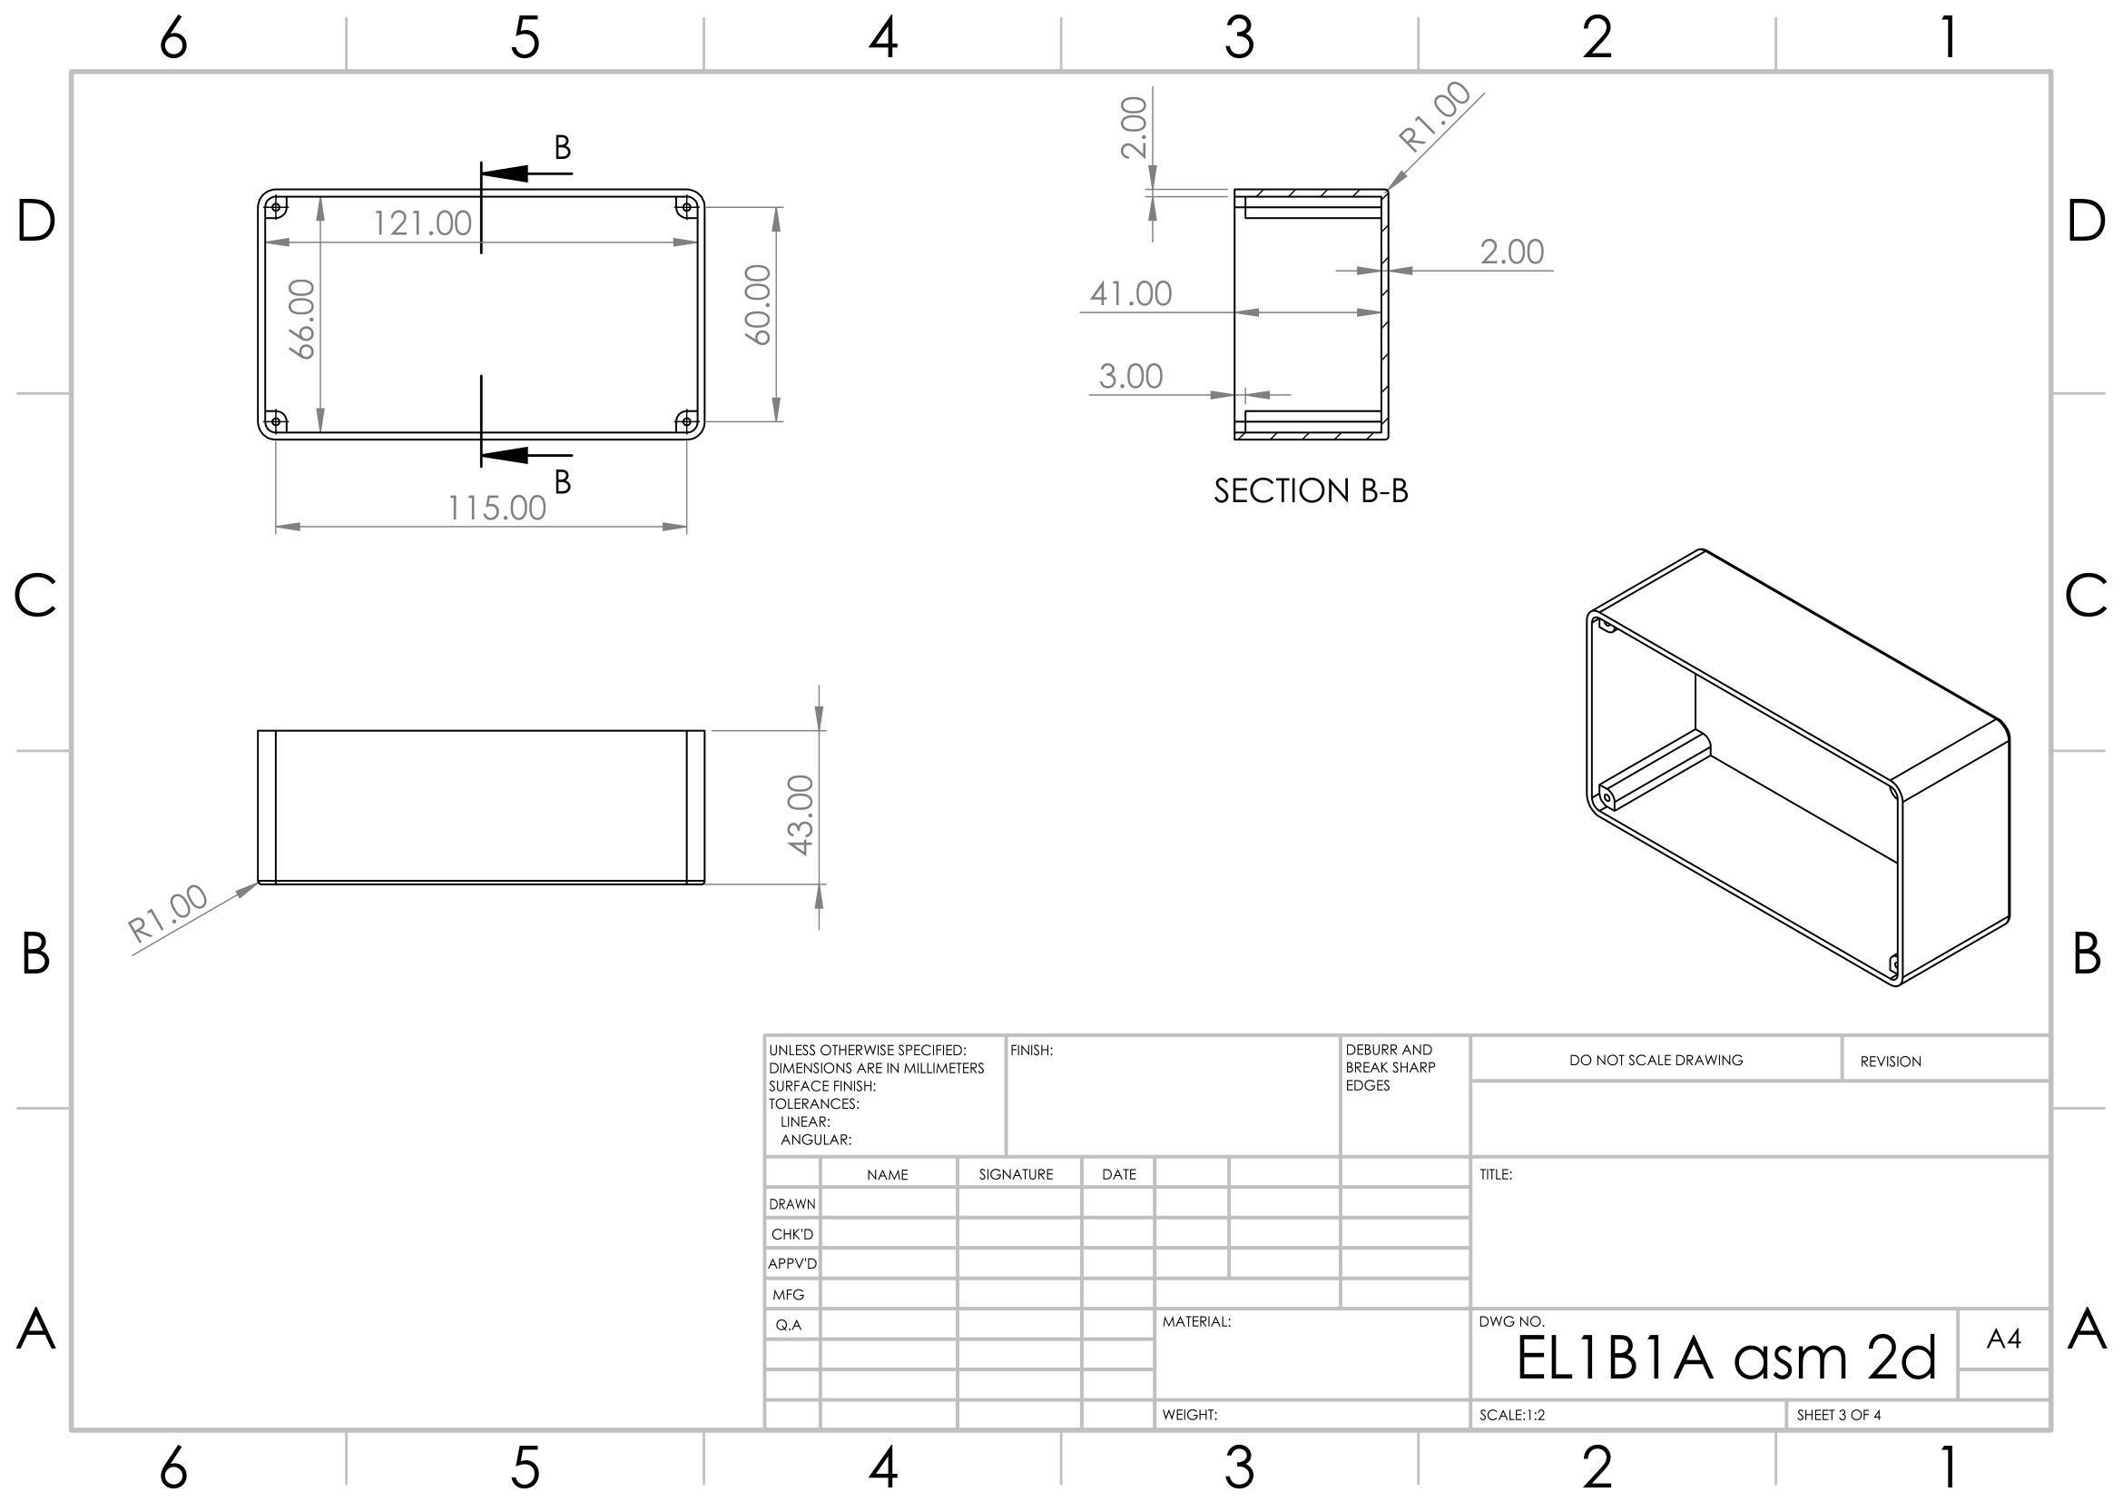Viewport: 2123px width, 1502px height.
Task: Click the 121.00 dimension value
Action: [x=423, y=222]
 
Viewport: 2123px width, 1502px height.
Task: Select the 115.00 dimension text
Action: [x=497, y=508]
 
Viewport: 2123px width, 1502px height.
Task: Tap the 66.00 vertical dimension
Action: [x=303, y=319]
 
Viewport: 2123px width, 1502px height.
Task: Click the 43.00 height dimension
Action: [x=801, y=815]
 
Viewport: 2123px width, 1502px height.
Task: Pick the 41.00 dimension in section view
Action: [x=1131, y=293]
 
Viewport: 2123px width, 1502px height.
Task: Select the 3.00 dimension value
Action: [x=1131, y=377]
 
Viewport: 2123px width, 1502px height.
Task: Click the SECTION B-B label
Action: [x=1312, y=491]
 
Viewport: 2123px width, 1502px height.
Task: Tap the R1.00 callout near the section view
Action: [x=1434, y=117]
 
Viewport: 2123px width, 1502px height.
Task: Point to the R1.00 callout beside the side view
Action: [x=168, y=914]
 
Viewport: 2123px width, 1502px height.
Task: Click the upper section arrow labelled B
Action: [x=525, y=172]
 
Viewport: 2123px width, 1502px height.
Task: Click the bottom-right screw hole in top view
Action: [x=685, y=422]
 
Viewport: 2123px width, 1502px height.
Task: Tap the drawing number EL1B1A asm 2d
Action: [x=1725, y=1358]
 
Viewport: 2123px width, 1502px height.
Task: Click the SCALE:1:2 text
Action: [x=1512, y=1415]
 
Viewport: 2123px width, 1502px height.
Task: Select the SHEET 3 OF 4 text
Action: [x=1838, y=1415]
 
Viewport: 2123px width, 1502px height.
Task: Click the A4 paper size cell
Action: [x=2003, y=1338]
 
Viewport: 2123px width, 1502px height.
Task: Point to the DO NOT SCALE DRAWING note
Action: [x=1656, y=1060]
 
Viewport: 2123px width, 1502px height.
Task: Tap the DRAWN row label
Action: [x=792, y=1204]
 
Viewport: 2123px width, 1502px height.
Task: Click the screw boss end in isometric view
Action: [x=1609, y=797]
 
